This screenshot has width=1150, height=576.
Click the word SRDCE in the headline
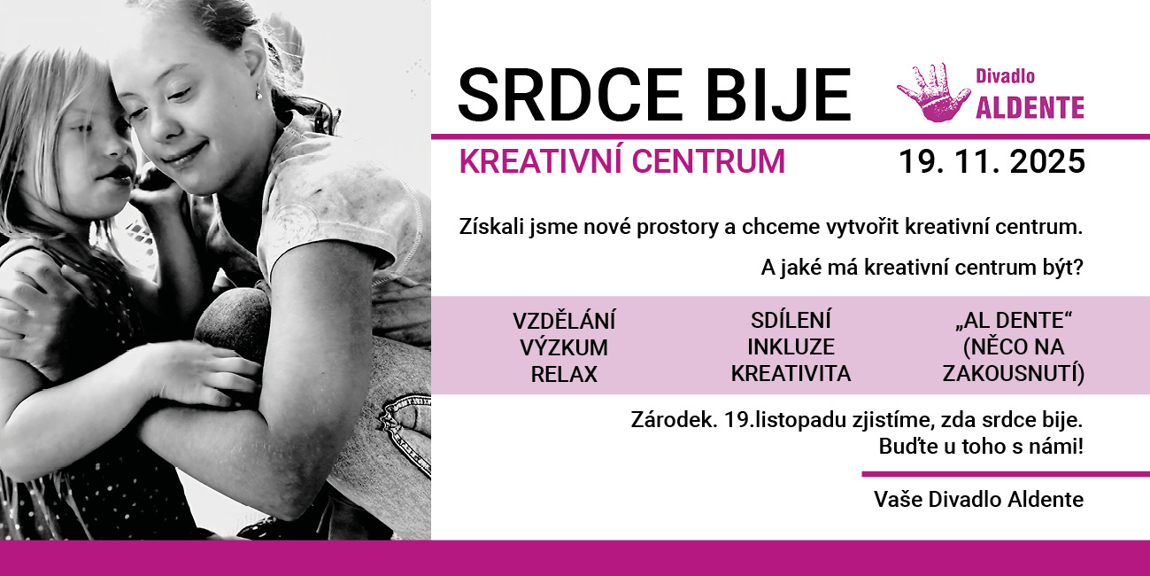pos(569,95)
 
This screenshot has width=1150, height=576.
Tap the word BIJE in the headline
pos(778,95)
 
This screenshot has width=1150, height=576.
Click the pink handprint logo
pos(933,92)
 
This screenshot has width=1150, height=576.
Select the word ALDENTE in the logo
pos(1030,107)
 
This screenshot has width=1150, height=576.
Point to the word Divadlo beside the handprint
pos(1005,76)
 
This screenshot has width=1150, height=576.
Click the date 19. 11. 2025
pos(992,161)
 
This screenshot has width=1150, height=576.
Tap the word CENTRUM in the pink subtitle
pos(708,161)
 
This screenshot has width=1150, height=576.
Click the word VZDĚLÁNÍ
pos(564,321)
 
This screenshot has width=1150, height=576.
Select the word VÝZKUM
pos(564,347)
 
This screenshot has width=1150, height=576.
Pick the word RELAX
pos(564,374)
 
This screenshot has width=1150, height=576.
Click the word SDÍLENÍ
pos(791,320)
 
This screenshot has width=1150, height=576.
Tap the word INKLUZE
pos(791,346)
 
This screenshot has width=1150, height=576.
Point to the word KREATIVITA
pos(791,374)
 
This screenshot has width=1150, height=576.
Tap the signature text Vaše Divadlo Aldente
pos(978,499)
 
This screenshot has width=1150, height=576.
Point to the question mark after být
pos(1077,268)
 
